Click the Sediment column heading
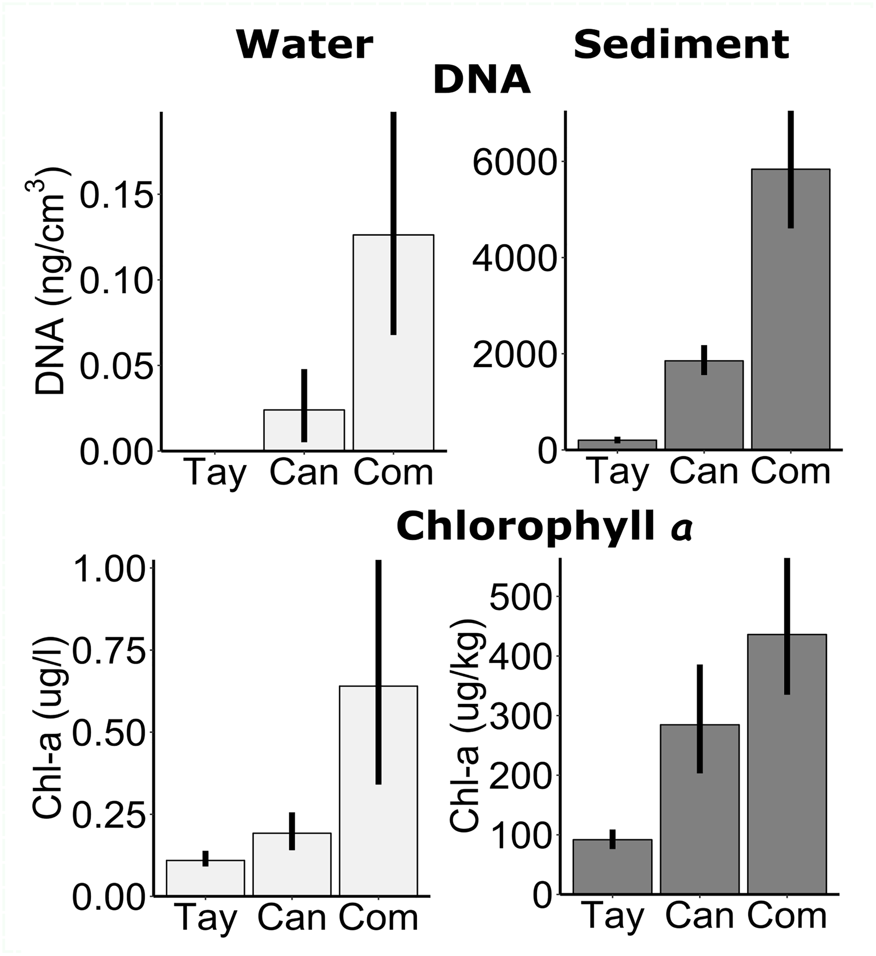(681, 45)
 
